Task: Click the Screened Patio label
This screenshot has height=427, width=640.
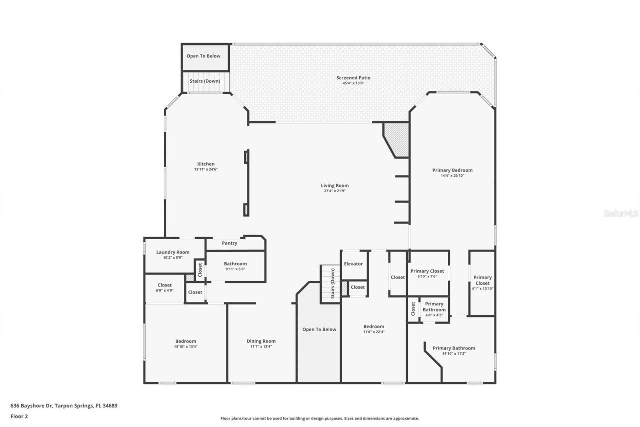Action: pos(353,78)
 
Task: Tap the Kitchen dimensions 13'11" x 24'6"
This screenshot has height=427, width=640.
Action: pos(206,170)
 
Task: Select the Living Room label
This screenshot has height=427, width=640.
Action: pos(334,185)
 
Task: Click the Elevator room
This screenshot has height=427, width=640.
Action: pos(353,264)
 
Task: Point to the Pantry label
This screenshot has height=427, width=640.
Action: pos(229,243)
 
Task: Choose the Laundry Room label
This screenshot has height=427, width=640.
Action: pos(173,252)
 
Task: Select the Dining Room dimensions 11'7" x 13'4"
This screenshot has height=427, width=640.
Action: pos(261,347)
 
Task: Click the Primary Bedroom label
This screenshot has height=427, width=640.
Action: pos(452,170)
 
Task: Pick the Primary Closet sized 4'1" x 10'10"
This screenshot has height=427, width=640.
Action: pos(482,283)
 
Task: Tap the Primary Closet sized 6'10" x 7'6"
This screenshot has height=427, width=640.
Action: pos(427,273)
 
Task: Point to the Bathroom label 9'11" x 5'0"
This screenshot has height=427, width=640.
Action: pos(235,264)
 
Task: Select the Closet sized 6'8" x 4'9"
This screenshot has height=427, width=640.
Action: pos(164,288)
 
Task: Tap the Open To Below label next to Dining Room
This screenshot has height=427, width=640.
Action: pos(319,329)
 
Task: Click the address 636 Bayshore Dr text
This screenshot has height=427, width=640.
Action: pos(64,406)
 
